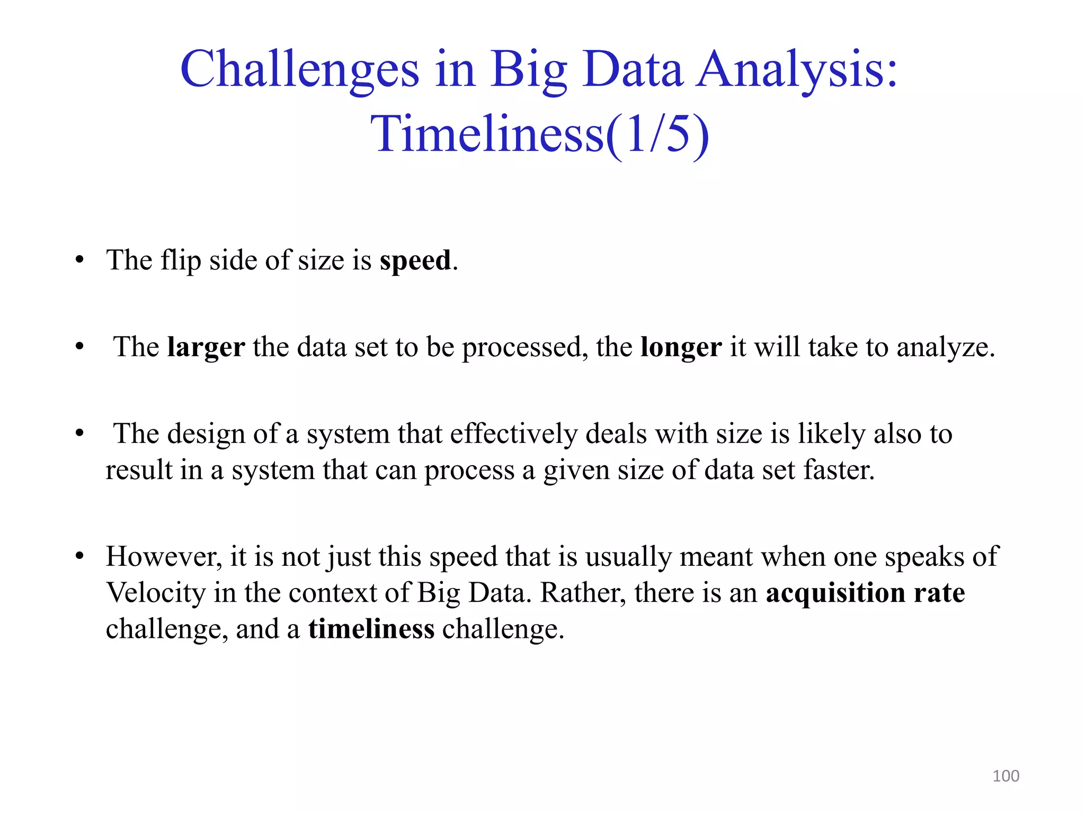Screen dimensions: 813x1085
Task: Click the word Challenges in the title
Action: (299, 70)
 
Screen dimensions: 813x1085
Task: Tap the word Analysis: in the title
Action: (797, 70)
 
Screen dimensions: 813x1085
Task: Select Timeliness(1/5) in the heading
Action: (539, 134)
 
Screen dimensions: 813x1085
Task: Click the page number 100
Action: (1006, 776)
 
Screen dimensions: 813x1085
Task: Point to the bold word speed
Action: (415, 260)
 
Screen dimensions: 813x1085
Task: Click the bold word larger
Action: (206, 348)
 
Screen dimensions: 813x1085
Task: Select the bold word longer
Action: (681, 348)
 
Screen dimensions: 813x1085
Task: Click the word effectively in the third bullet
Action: (513, 434)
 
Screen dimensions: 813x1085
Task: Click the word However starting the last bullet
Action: (162, 557)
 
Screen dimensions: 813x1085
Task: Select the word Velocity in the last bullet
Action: (156, 593)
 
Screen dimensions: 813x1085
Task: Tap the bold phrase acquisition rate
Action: (865, 593)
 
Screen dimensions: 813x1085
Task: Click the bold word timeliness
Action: (371, 629)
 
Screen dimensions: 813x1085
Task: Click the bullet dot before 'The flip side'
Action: (79, 260)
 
